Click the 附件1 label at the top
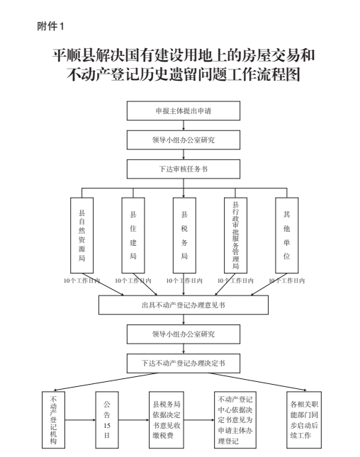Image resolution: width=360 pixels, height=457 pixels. point(50,26)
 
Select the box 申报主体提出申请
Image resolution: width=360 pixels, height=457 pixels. point(184,111)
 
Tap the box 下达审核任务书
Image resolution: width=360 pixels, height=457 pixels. point(184,169)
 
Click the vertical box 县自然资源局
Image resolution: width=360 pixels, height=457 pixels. point(82,235)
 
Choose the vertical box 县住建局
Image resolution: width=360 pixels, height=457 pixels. point(133,235)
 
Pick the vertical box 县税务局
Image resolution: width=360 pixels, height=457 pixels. point(184,235)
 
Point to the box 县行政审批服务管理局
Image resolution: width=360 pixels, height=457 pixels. point(235,235)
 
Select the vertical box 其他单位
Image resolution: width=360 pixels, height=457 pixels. point(287,235)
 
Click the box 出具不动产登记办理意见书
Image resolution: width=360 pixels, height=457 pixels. point(184,305)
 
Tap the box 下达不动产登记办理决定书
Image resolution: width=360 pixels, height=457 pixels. point(184,363)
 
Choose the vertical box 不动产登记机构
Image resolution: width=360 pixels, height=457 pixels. point(53,419)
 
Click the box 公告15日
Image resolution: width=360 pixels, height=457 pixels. point(107,419)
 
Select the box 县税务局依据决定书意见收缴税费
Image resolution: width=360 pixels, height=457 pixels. point(167,419)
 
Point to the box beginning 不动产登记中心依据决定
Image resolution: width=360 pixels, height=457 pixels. point(235,419)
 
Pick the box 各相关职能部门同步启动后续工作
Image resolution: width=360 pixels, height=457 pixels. point(304,419)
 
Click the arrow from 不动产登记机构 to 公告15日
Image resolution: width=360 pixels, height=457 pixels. point(80,420)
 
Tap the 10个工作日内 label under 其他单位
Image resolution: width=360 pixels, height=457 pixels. point(287,281)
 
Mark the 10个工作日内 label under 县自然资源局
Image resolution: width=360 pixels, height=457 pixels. point(82,281)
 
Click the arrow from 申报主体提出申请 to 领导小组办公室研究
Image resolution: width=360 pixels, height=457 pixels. point(184,125)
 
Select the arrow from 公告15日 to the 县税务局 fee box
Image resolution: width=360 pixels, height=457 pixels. point(134,420)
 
